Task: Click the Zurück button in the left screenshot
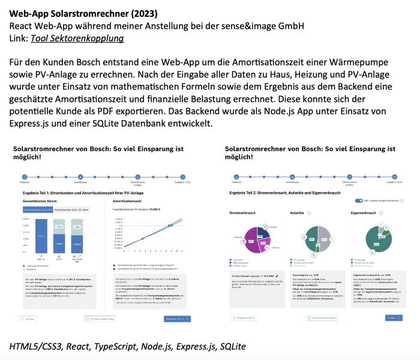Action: (28, 319)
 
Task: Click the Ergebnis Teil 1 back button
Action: (242, 317)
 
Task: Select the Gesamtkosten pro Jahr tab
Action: (38, 210)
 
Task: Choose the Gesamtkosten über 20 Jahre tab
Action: (71, 210)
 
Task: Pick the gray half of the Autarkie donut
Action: (325, 237)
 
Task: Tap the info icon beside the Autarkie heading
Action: (308, 213)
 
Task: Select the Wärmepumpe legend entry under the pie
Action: (242, 262)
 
